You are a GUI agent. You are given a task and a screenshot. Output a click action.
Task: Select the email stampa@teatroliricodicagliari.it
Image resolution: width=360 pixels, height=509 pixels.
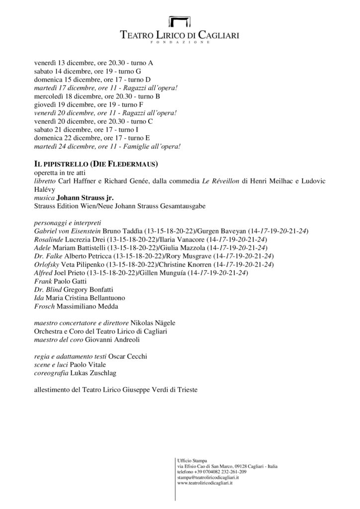coord(208,477)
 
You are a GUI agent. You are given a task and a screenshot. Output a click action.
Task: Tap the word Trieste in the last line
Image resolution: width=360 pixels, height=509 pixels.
coord(186,390)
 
